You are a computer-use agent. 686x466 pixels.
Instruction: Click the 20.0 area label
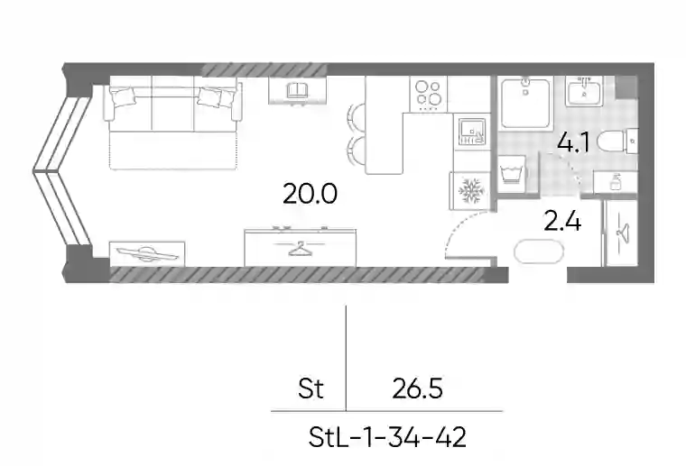[310, 194]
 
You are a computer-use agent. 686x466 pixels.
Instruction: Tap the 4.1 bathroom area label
[573, 142]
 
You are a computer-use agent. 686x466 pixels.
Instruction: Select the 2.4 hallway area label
[562, 221]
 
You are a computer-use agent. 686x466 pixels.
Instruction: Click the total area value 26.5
[417, 388]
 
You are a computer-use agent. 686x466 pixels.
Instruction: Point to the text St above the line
[311, 388]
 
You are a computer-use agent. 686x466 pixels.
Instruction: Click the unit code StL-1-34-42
[387, 437]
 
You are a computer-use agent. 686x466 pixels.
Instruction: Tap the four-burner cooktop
[429, 93]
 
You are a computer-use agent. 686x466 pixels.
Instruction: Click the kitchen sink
[471, 132]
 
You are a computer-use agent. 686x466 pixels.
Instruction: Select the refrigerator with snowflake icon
[471, 191]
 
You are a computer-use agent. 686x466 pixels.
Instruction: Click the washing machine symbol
[513, 173]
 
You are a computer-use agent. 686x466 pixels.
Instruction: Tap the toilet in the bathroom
[618, 142]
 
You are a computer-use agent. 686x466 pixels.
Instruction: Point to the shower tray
[525, 104]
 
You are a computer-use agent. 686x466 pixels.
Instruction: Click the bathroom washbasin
[584, 91]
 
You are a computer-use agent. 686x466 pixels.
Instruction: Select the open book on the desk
[298, 90]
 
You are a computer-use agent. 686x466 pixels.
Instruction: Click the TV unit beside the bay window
[147, 253]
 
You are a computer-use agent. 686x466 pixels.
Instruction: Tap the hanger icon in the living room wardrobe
[300, 249]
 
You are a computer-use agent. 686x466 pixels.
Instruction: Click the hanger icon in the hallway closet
[623, 231]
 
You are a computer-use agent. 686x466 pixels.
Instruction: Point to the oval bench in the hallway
[539, 252]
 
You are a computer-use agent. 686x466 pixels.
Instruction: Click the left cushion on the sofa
[122, 97]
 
